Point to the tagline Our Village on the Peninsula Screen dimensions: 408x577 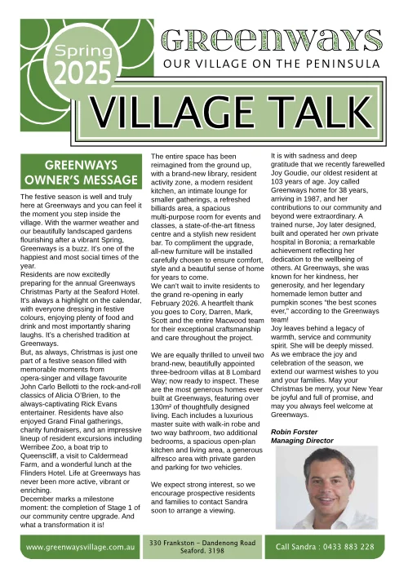click(272, 64)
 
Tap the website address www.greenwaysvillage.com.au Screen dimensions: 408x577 click(80, 546)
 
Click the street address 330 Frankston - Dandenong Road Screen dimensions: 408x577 click(203, 542)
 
